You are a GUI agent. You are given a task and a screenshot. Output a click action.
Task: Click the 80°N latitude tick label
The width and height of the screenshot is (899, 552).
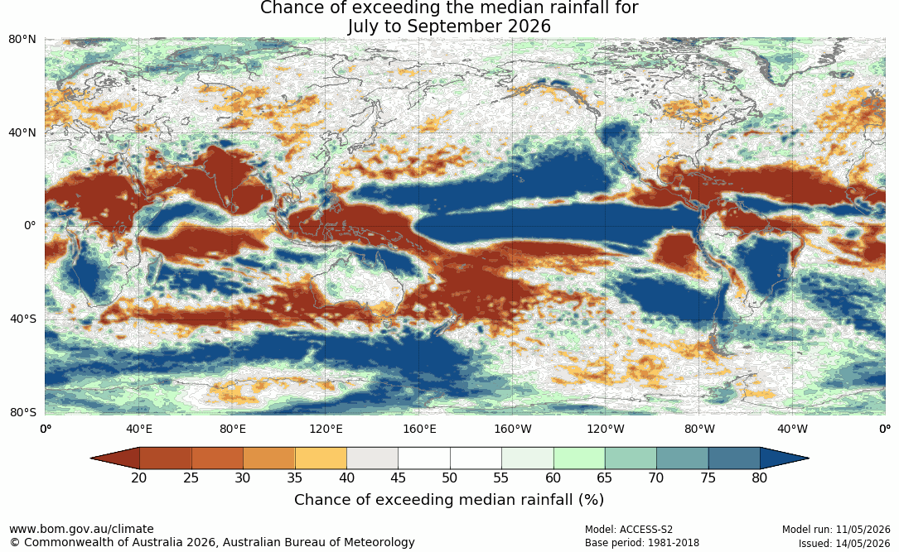[x=22, y=40]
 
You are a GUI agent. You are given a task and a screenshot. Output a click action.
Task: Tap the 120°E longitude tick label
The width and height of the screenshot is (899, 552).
[x=326, y=429]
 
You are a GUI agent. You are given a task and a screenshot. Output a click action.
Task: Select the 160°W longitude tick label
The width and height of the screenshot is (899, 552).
[x=513, y=429]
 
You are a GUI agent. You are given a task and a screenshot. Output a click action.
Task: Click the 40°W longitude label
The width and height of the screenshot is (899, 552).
[x=792, y=429]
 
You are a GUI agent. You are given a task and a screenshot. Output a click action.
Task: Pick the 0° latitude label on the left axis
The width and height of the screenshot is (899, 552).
[x=30, y=226]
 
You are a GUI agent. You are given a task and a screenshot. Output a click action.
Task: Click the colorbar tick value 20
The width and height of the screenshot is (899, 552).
[x=138, y=478]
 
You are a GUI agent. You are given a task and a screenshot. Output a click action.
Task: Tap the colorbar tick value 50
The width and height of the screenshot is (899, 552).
[x=449, y=478]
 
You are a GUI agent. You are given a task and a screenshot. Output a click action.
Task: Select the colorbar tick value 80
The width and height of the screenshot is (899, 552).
[x=760, y=478]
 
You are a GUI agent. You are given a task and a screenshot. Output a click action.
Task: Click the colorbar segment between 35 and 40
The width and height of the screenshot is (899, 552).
[x=321, y=458]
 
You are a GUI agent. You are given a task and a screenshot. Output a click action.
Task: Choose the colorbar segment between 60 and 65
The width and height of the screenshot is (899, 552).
[x=579, y=458]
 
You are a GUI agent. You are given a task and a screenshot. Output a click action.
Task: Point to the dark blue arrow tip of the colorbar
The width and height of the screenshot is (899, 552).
[x=808, y=458]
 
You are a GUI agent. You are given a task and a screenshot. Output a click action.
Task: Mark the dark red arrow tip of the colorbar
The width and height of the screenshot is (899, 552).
[x=92, y=458]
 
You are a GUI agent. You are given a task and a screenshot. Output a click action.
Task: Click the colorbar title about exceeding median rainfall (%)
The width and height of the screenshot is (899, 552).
[x=449, y=500]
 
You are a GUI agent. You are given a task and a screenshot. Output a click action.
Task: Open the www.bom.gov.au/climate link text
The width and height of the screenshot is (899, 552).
[x=81, y=529]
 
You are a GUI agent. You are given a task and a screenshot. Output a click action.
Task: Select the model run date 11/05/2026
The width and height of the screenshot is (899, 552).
[x=863, y=530]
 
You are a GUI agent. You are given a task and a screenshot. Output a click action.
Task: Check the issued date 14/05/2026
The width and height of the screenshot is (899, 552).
[x=863, y=543]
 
